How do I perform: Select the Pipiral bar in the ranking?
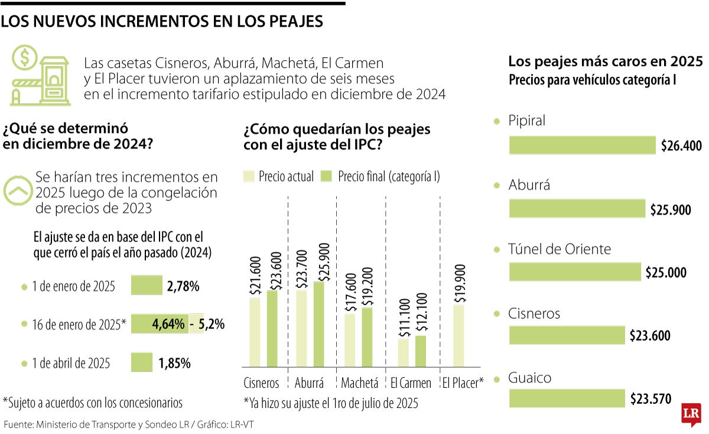tap(582, 145)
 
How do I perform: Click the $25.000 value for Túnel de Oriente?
tap(666, 273)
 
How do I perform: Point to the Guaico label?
tap(529, 378)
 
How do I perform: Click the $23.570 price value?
tap(651, 399)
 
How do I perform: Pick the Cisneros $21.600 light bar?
tap(255, 332)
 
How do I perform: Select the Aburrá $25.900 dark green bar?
tap(319, 324)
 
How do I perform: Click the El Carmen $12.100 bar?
tap(420, 351)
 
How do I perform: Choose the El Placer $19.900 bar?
tap(459, 336)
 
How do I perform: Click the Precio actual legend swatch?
tap(249, 176)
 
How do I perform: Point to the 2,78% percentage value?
tap(183, 287)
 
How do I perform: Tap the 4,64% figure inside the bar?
tap(168, 325)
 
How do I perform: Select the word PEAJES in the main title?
tap(291, 22)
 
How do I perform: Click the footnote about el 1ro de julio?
tap(331, 404)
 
